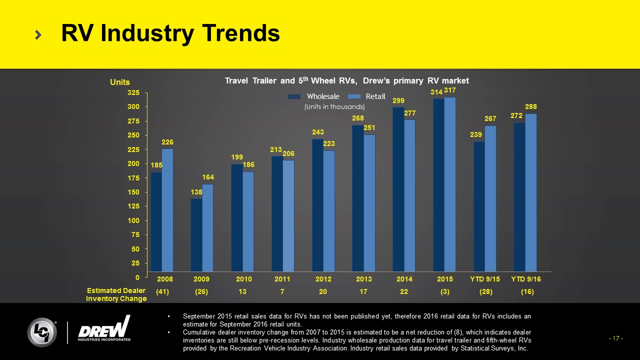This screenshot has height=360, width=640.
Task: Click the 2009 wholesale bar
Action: (196, 235)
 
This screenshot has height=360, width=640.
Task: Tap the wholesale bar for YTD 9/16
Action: (519, 197)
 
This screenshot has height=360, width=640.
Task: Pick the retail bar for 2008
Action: (167, 210)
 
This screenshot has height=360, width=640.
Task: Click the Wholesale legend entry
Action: (313, 96)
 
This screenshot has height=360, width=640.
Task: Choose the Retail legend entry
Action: (367, 96)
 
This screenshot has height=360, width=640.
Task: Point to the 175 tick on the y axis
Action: (133, 178)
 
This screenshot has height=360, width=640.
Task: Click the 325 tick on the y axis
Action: (133, 93)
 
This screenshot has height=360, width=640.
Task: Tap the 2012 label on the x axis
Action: (322, 279)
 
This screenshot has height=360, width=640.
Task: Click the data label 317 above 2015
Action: (450, 90)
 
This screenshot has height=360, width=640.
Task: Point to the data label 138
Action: (196, 192)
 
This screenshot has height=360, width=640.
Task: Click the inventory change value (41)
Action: (161, 292)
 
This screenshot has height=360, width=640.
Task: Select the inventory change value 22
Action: (404, 292)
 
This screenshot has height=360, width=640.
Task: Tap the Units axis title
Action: (119, 82)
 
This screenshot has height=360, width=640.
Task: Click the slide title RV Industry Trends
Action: (170, 33)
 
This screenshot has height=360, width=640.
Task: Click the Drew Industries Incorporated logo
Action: (104, 329)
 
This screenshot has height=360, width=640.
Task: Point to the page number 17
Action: (615, 338)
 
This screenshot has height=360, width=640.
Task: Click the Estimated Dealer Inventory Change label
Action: (116, 294)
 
